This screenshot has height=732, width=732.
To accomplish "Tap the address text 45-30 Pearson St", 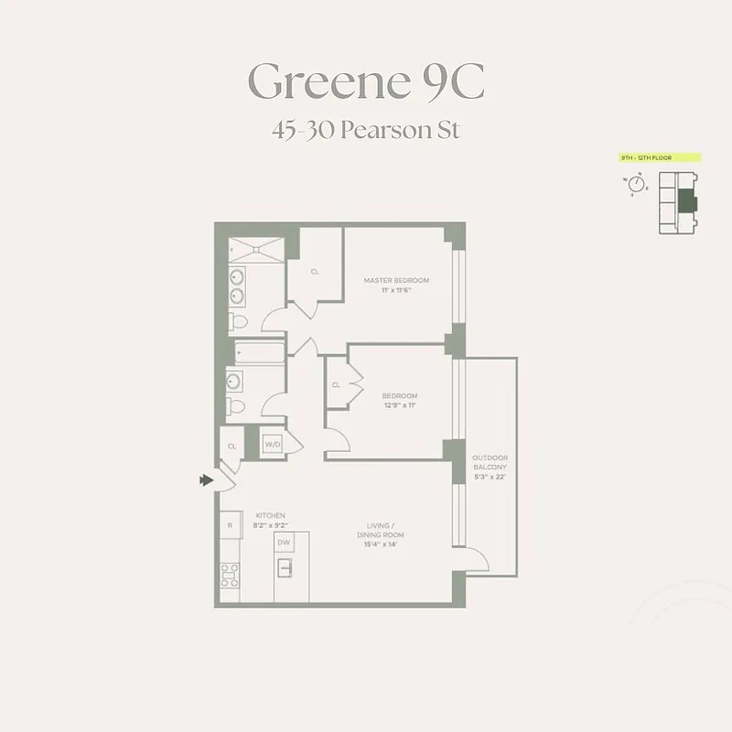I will click(x=365, y=129).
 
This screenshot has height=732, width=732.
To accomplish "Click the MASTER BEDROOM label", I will click(x=395, y=280).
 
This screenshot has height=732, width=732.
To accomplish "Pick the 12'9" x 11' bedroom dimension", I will click(x=399, y=404).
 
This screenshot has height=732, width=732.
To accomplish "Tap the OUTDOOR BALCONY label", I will click(x=490, y=462).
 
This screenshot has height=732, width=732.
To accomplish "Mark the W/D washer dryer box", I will click(x=272, y=445).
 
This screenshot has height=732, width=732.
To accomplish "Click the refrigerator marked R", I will click(x=230, y=525).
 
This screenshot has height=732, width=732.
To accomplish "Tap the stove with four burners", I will click(x=230, y=575).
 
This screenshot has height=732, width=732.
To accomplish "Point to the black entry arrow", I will click(x=207, y=479).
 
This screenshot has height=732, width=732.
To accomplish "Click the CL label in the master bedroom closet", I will click(x=315, y=272).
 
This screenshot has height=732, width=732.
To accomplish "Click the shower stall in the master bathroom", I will click(x=255, y=249).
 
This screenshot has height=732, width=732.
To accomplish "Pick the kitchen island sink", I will click(x=285, y=568).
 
